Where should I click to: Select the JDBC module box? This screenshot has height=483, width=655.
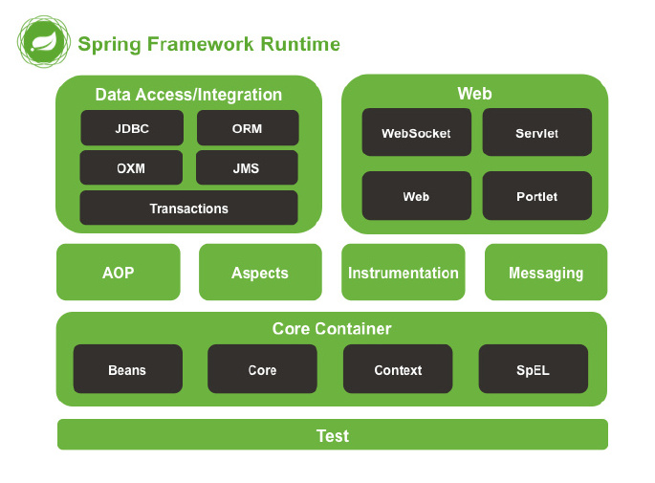point(132,128)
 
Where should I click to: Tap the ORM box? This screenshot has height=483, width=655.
point(247,128)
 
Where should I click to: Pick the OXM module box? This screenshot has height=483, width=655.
point(132,167)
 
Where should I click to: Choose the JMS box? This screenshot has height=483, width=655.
point(246,167)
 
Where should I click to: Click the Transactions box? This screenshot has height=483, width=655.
point(188,208)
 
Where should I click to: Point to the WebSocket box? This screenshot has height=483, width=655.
point(416,133)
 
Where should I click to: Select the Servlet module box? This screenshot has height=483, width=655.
point(536,133)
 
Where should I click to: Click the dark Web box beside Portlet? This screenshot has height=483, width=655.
point(416,196)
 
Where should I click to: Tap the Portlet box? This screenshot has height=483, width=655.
point(536,196)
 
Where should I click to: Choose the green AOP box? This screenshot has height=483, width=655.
point(119,273)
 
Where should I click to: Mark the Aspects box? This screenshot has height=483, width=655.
point(260,273)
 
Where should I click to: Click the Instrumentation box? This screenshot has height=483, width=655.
point(403,273)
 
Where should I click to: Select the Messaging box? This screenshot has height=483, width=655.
point(546,273)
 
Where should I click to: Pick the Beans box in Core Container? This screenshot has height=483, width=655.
point(127,369)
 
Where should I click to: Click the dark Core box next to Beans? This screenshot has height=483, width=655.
point(262,369)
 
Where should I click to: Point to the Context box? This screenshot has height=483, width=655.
point(398,369)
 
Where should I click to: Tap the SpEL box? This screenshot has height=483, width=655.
point(533,369)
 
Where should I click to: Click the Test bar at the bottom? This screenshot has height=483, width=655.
point(332,435)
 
